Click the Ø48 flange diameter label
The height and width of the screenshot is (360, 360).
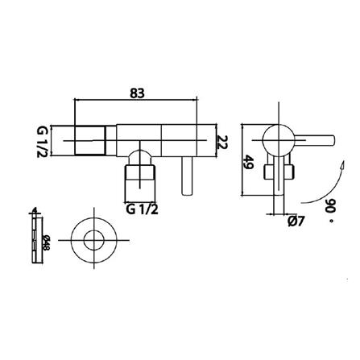click(x=46, y=241)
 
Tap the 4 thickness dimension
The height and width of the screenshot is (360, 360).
click(x=33, y=212)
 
